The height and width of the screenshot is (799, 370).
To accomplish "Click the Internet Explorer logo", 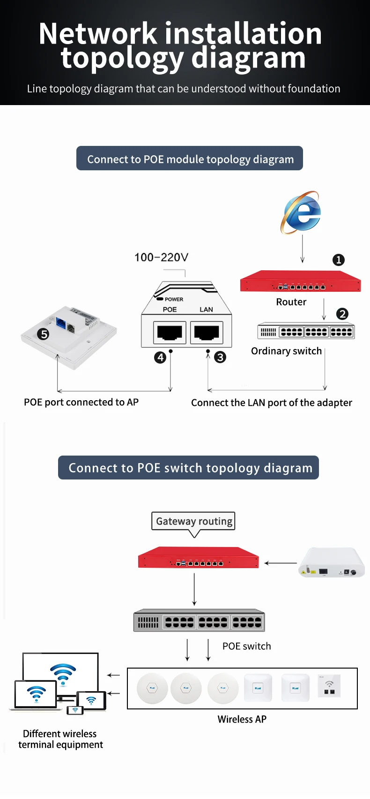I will point(301,212).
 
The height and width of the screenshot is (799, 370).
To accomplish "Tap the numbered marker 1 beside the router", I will point(338,260).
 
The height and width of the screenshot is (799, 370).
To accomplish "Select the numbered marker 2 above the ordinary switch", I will point(342,314).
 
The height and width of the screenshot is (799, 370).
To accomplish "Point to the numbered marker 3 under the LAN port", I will point(220,358).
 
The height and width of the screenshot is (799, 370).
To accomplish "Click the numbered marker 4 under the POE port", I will point(160,358).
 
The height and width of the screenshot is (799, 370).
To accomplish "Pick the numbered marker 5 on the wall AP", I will point(44,334).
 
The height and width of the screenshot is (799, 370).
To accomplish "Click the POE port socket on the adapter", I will point(170,332).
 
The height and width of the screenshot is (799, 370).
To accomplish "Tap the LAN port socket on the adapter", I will point(207,332).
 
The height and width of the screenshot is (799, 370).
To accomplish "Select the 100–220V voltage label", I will point(161,257).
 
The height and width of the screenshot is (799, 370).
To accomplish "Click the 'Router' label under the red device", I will point(291,302).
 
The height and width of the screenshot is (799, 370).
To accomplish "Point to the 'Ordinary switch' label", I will point(286,351).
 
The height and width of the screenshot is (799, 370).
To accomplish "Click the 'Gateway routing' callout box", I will point(193,521).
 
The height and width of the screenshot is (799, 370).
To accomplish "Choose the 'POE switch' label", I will point(246,646).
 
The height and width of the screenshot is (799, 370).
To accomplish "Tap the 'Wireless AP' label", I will point(242,719).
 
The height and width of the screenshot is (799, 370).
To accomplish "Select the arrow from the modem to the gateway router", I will point(281,563).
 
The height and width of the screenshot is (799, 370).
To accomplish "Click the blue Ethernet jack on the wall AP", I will point(61,323).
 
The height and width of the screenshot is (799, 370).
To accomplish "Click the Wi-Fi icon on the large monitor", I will point(63,671).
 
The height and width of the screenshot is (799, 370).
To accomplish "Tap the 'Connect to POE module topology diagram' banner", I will point(190,159).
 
